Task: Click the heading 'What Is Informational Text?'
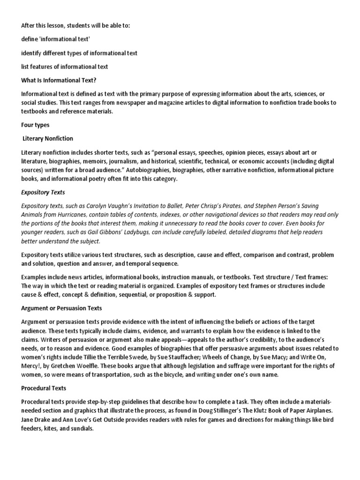(x=59, y=80)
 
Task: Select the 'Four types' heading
(x=36, y=125)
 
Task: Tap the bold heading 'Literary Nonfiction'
(x=48, y=139)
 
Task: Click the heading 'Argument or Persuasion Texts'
(x=61, y=308)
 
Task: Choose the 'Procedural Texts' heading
(x=44, y=388)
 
